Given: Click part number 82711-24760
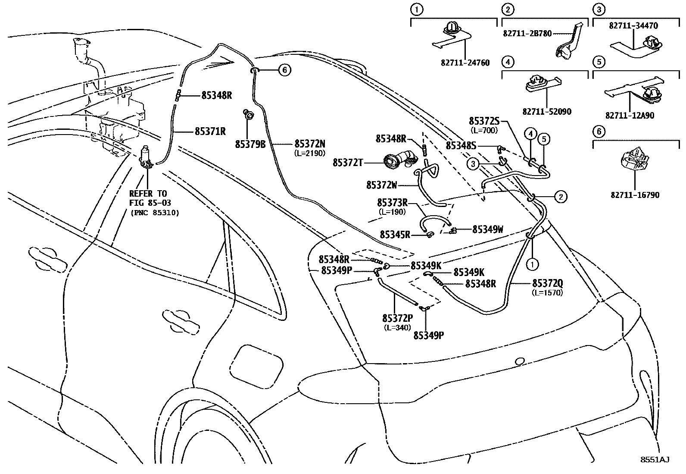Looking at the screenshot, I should [465, 63].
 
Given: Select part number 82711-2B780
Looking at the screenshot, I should [527, 33].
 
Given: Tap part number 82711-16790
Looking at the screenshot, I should [635, 195].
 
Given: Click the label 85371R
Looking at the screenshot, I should [210, 131].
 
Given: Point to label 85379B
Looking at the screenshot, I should [250, 144].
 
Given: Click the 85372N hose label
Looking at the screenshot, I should [310, 144].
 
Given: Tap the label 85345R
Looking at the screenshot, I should [395, 234].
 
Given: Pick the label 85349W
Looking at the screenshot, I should [487, 229].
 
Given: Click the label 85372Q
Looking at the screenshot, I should [547, 283].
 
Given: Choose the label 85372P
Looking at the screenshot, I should [398, 318].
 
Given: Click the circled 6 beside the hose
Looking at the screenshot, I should [284, 69].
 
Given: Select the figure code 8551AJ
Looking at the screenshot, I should [654, 460].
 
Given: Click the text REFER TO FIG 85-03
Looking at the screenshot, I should [148, 198].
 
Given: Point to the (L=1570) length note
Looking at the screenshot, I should [547, 293].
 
